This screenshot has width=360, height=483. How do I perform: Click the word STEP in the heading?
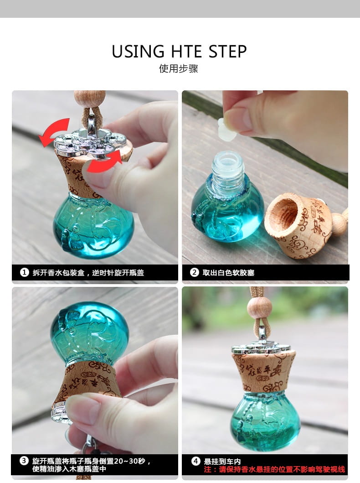click(x=228, y=52)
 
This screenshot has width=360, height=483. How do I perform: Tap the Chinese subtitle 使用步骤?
click(x=179, y=68)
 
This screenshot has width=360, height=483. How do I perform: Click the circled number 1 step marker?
click(x=24, y=272)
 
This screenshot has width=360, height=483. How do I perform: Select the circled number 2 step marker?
click(x=195, y=272)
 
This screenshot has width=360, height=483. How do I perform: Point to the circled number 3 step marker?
click(x=24, y=461)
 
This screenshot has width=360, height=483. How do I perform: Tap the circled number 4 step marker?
click(x=195, y=461)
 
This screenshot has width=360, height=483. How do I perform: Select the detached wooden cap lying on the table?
click(x=298, y=225)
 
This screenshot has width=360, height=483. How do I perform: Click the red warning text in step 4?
click(x=274, y=469)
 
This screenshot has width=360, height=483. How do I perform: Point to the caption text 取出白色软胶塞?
click(x=228, y=273)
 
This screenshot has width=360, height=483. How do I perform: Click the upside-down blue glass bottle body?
click(x=89, y=332)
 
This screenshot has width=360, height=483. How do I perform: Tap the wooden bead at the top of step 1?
click(x=89, y=98)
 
